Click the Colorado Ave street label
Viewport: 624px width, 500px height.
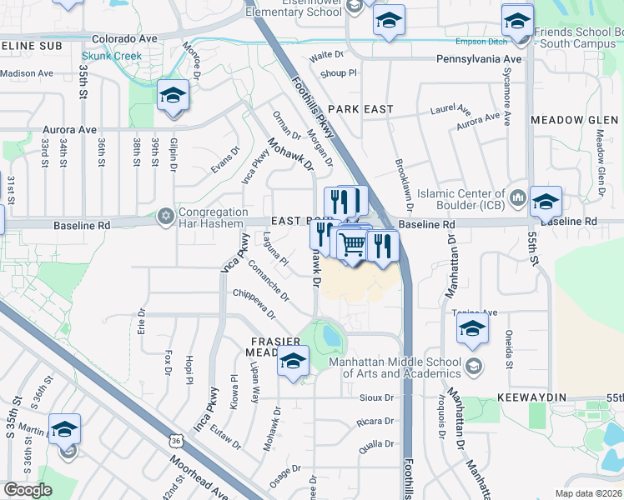124,38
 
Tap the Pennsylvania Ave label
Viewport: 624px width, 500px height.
480,60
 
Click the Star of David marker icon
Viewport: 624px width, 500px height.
166,217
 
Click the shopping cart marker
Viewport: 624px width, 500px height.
353,243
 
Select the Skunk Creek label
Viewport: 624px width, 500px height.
111,56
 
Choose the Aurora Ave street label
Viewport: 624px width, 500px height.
71,130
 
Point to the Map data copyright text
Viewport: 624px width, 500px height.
589,493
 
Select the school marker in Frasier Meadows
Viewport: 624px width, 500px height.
293,361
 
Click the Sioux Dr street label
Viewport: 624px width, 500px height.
377,397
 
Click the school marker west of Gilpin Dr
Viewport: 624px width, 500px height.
173,95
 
